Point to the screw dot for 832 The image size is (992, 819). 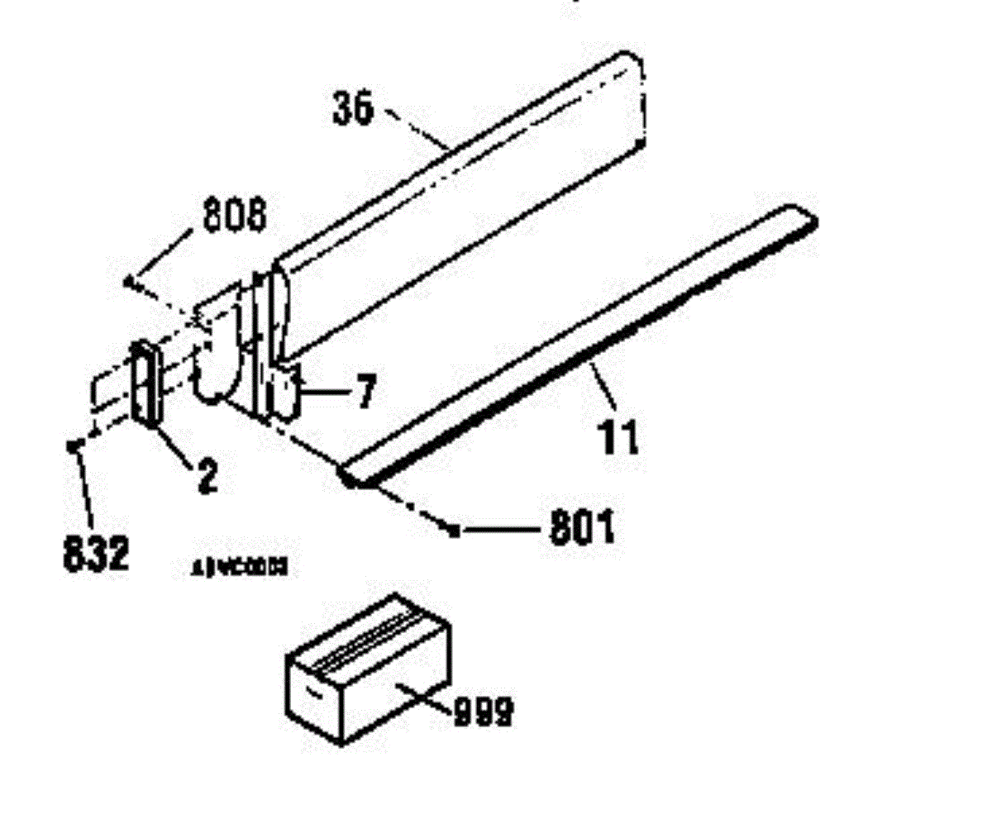point(73,445)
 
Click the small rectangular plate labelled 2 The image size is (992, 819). point(145,383)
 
